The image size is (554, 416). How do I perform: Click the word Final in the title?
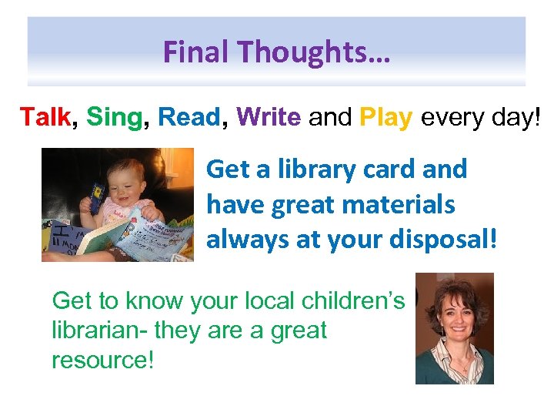click(197, 52)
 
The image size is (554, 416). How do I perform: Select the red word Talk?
click(45, 117)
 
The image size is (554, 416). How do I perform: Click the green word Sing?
click(115, 117)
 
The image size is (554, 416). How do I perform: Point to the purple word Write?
click(269, 117)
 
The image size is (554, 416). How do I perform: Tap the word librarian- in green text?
click(99, 330)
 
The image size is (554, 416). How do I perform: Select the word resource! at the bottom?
click(102, 359)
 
